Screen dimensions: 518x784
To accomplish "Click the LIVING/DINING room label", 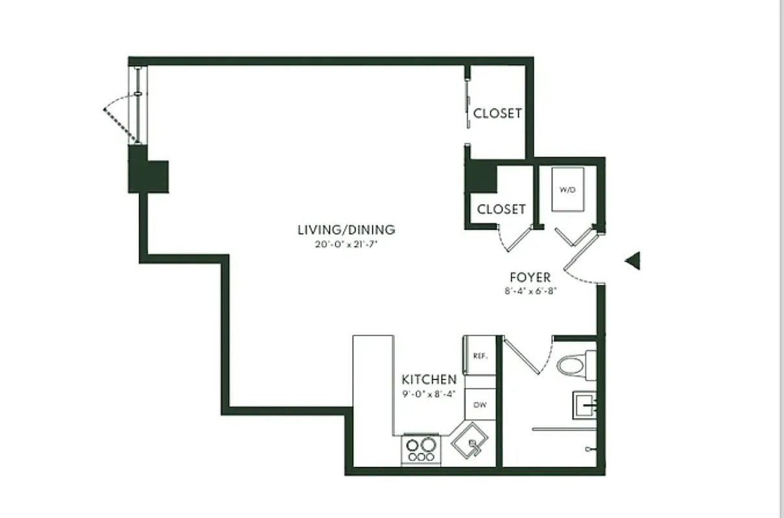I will [346, 229].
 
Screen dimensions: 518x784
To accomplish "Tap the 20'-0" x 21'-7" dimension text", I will [346, 245].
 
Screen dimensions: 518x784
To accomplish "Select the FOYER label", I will [530, 278].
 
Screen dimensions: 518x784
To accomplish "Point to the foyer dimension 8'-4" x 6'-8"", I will [530, 291].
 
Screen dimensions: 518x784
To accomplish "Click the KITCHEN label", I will [429, 379].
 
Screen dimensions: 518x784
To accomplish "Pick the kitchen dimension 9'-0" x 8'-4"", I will [429, 393].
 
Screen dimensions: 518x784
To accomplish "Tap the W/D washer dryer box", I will [567, 189].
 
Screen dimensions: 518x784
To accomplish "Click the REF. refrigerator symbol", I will [480, 355].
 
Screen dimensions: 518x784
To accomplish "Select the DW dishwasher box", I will [480, 405].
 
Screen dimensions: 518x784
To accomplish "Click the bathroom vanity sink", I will [585, 407].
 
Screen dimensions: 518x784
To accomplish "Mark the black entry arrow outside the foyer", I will [632, 261].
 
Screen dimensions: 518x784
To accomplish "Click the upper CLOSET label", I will [497, 113].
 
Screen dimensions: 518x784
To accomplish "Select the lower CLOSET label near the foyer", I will [501, 209].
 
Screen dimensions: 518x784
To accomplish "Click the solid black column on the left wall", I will [148, 175].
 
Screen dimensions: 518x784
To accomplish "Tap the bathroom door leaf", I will [523, 355].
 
